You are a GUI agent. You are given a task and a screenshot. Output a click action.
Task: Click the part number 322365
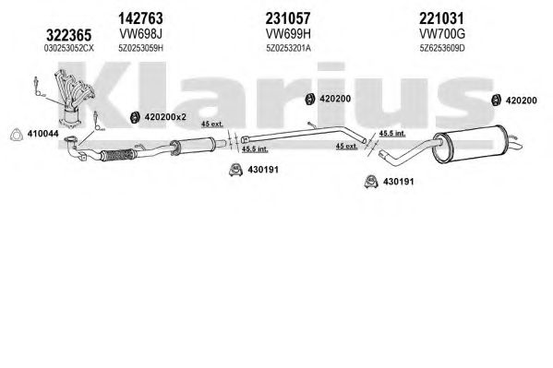point(69,35)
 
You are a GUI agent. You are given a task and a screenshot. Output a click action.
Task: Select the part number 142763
point(140,18)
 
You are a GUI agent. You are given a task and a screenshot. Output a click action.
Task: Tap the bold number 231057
point(288,18)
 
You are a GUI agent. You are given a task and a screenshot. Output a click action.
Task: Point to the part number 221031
point(441,18)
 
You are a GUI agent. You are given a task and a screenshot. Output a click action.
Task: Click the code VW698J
point(140,34)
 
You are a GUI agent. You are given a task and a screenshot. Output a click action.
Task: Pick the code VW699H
point(288,34)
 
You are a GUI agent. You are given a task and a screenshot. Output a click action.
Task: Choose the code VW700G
point(442,34)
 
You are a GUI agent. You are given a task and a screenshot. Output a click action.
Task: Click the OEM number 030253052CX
point(69,48)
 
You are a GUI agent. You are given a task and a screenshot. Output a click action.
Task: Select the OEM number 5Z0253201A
point(288,48)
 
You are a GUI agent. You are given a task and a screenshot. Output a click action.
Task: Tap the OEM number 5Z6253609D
point(442,48)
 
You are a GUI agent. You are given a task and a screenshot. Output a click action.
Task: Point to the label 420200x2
point(165,117)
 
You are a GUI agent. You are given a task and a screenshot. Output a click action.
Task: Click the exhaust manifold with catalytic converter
point(74,99)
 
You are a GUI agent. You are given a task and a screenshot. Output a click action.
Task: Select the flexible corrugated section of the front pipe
point(117,155)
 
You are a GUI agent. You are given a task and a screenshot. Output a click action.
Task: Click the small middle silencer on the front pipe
point(194,146)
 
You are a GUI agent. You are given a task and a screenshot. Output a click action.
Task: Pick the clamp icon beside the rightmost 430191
point(371,181)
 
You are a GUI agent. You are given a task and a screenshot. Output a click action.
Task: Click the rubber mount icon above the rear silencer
point(497,101)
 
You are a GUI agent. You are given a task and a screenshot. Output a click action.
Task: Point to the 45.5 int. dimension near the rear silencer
point(392,134)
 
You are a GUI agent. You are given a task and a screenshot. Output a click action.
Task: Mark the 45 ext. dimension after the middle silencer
point(212,125)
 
